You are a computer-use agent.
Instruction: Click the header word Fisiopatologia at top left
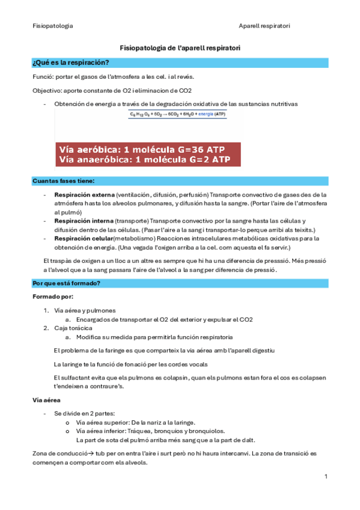(x=53, y=26)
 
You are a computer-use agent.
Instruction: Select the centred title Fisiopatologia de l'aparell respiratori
(x=180, y=48)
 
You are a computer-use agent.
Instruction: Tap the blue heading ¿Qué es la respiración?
(x=70, y=63)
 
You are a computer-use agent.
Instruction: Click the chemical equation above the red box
(x=178, y=114)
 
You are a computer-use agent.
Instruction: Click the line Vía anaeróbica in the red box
(x=144, y=159)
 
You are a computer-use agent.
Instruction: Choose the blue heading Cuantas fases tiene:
(x=63, y=180)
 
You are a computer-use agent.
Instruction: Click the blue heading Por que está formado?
(x=66, y=283)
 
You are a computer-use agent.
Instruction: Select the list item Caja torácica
(x=73, y=328)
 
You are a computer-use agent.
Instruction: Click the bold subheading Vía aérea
(x=46, y=400)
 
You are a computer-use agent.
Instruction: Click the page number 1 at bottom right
(x=325, y=477)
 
